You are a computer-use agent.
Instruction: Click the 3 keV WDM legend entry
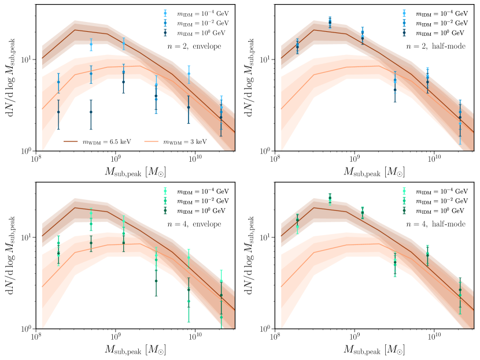click(x=193, y=140)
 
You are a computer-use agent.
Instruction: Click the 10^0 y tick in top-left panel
click(x=26, y=151)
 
